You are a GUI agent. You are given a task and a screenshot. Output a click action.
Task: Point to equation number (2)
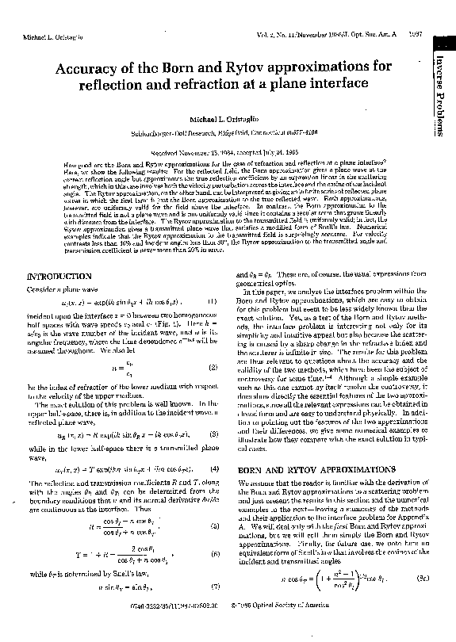point(213,346)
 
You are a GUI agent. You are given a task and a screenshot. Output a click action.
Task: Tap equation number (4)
point(213,470)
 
